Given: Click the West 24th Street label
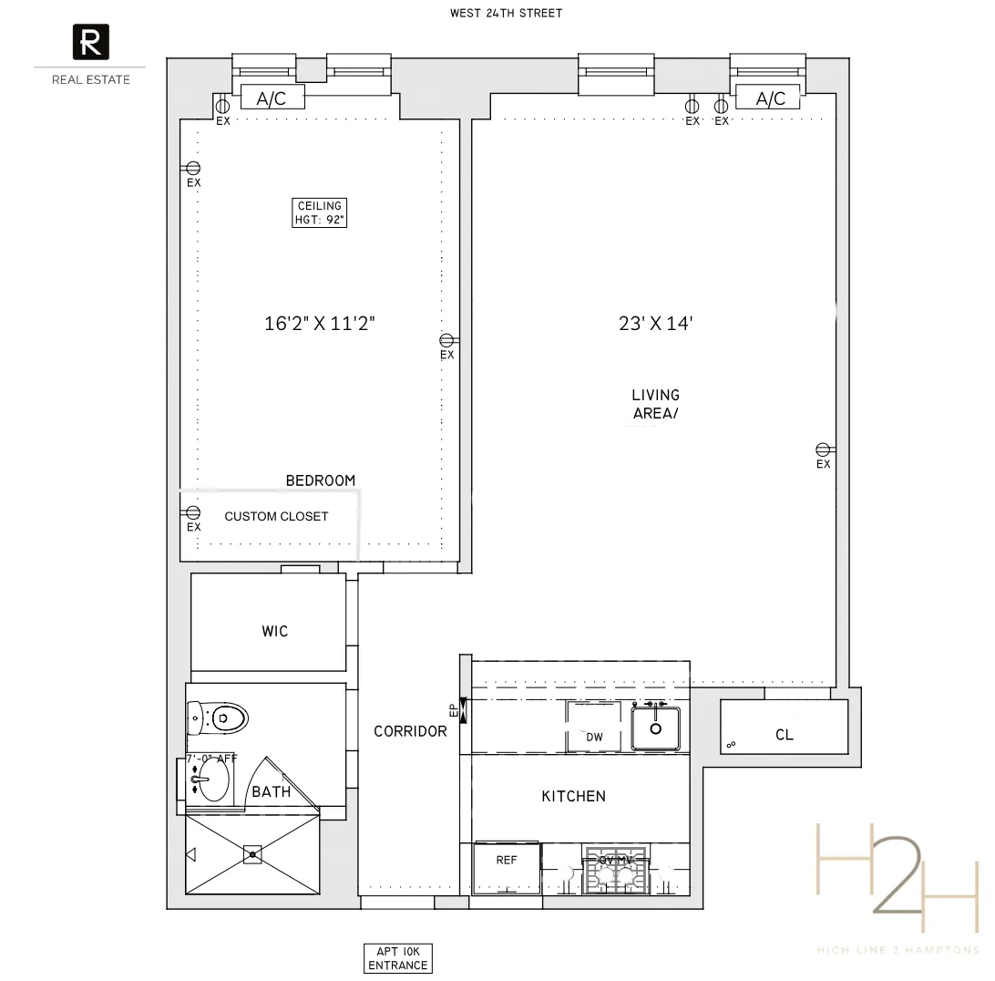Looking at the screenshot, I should pos(506,13).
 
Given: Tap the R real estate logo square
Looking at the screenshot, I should pos(90,43).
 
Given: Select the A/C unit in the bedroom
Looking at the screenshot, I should pos(272,98).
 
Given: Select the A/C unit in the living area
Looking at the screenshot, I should pos(770,98).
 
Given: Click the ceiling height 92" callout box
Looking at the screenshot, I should pos(320,212).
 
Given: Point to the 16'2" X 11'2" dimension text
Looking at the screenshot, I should pos(320,323).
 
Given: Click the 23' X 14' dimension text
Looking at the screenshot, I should pos(656,323).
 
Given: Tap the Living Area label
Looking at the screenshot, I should pos(656,404).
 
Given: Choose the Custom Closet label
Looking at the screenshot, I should pos(276,516).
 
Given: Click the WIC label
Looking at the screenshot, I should pos(274,631).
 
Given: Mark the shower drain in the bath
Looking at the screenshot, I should pos(252,854).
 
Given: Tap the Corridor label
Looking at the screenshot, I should pos(410,731).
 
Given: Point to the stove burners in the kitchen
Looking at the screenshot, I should pos(615,876).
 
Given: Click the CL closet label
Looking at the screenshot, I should pos(784,735).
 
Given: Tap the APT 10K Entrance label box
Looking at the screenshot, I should pos(396,958).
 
